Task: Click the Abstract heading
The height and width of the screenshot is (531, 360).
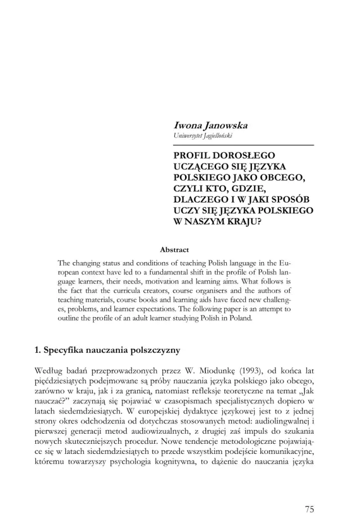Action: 174,249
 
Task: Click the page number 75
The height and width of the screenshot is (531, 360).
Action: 309,509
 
